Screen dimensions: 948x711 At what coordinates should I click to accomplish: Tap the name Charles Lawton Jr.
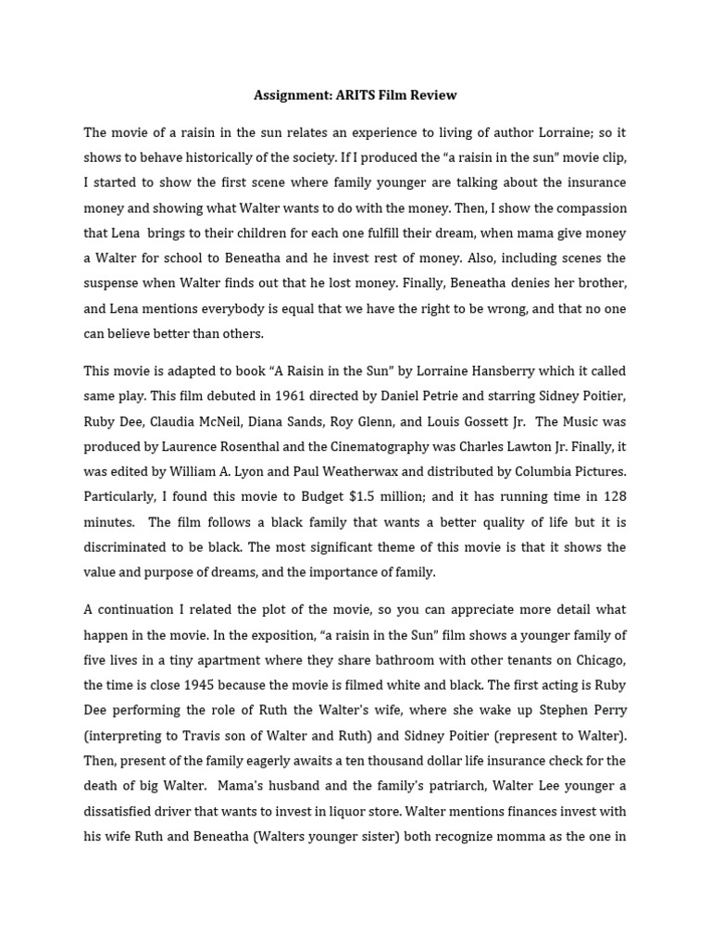[518, 446]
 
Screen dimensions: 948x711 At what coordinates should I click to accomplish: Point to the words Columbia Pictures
[574, 471]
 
